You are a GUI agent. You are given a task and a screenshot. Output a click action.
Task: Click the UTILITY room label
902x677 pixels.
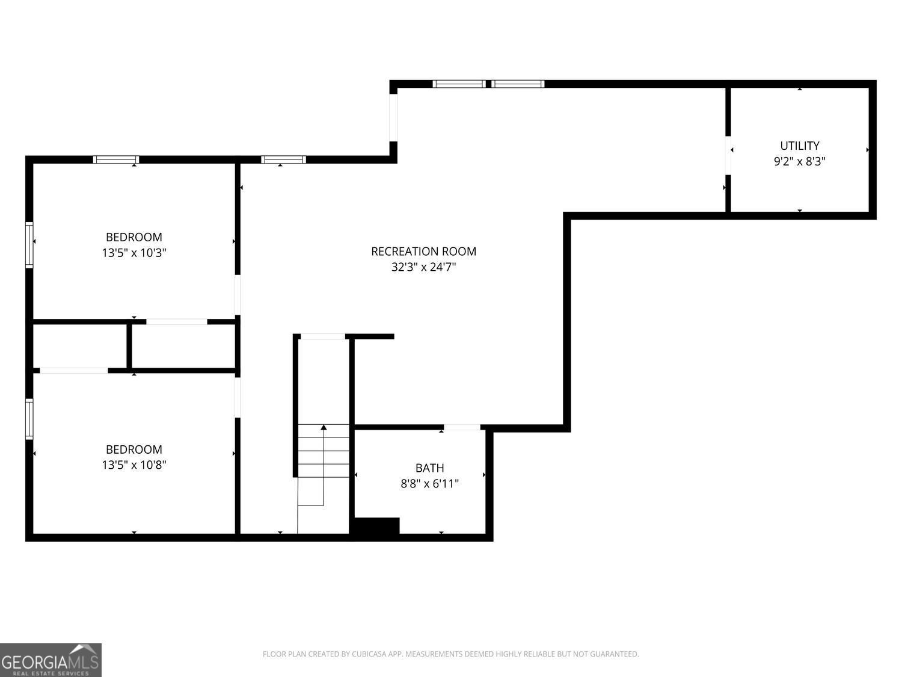[x=799, y=146]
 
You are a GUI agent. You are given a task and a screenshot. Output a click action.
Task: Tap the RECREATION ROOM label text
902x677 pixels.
[x=424, y=252]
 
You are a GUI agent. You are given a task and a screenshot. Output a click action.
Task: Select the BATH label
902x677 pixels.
[x=429, y=468]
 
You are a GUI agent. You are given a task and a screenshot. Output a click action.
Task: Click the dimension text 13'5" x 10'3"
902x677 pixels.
[x=134, y=252]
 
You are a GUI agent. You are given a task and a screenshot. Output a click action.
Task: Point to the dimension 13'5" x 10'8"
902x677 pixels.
[x=134, y=465]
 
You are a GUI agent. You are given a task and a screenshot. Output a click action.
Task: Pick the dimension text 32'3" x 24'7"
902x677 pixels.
[x=424, y=267]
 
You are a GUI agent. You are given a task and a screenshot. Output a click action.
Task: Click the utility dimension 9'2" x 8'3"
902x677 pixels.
[x=799, y=161]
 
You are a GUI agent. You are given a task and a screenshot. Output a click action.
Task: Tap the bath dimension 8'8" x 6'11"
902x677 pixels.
[x=429, y=483]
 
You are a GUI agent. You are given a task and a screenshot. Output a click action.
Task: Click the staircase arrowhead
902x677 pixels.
[x=324, y=427]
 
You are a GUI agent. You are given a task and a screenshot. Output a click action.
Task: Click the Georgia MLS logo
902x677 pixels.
[x=51, y=660]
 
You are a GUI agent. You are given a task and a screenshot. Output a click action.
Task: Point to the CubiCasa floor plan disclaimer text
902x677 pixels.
[x=451, y=654]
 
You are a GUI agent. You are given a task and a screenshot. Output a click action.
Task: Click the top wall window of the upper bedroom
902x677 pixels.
[x=116, y=159]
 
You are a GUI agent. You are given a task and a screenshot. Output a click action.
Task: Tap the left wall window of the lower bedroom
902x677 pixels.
[x=29, y=419]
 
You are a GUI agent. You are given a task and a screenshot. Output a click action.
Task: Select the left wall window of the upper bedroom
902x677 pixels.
[x=29, y=245]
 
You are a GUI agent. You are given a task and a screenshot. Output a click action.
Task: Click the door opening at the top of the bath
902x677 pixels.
[x=462, y=427]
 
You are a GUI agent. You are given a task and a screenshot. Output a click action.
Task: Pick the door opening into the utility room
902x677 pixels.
[x=728, y=155]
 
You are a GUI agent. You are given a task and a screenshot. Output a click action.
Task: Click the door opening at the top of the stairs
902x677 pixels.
[x=323, y=336]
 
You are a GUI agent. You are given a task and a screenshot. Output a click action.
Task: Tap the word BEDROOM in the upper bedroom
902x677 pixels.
[x=134, y=237]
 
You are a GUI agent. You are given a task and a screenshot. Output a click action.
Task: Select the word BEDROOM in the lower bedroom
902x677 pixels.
[x=134, y=450]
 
